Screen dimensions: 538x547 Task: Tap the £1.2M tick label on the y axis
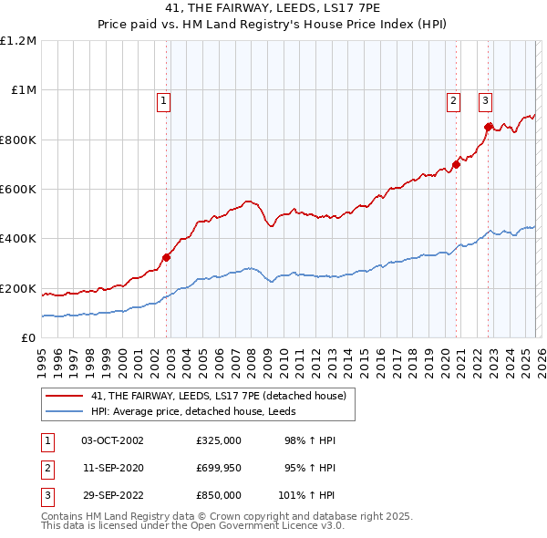click(18, 41)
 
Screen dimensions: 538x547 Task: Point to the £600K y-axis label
click(18, 190)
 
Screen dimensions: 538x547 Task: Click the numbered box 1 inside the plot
click(163, 102)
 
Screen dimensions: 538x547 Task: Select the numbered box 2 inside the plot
click(453, 102)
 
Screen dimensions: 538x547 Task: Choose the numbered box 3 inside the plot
click(485, 102)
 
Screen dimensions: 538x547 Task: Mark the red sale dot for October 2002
click(167, 257)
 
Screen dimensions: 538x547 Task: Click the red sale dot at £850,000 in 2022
click(488, 127)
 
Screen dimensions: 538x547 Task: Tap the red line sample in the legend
click(64, 397)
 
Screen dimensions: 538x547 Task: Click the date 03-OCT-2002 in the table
click(112, 440)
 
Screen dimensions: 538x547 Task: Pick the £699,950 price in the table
click(219, 468)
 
